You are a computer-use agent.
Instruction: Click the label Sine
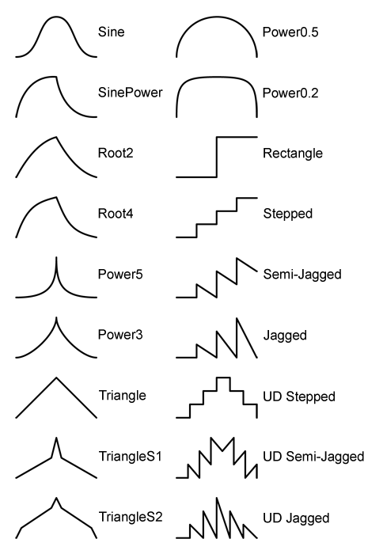coord(112,32)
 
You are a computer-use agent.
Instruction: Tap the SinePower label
coord(130,93)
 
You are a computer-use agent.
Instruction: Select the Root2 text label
coord(116,153)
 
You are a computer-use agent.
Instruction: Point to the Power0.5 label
coord(290,32)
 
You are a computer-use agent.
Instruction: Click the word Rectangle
coord(293,154)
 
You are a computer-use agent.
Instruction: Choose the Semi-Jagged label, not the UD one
coord(302,275)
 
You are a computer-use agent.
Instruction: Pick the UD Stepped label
coord(299,397)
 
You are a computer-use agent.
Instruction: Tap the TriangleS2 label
coord(131,517)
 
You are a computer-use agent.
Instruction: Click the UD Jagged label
coord(296,518)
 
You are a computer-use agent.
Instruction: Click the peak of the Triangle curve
coord(56,378)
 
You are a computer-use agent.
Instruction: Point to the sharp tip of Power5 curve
coord(56,258)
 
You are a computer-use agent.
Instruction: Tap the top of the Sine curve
coord(56,17)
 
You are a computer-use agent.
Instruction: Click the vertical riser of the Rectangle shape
coord(217,157)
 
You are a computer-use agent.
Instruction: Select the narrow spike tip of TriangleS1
coord(56,438)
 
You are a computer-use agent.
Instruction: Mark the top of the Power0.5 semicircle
coord(217,17)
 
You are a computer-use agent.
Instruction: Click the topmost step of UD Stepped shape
coord(223,378)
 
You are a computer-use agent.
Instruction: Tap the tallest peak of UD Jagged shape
coord(217,499)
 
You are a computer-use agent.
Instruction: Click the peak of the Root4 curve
coord(56,197)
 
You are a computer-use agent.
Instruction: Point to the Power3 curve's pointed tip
coord(56,318)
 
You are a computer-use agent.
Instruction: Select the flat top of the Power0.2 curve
coord(217,77)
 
